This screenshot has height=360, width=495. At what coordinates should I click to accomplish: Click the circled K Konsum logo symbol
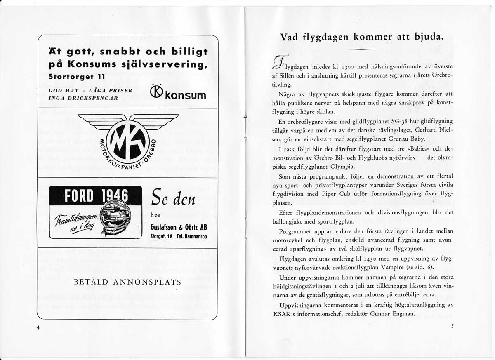pyautogui.click(x=157, y=94)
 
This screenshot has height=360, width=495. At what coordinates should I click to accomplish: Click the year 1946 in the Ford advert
pyautogui.click(x=113, y=195)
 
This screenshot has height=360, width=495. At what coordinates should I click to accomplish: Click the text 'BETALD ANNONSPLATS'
pyautogui.click(x=127, y=282)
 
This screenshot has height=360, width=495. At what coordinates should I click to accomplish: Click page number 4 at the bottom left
pyautogui.click(x=38, y=327)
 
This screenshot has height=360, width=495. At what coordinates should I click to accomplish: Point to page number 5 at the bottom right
pyautogui.click(x=452, y=325)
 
